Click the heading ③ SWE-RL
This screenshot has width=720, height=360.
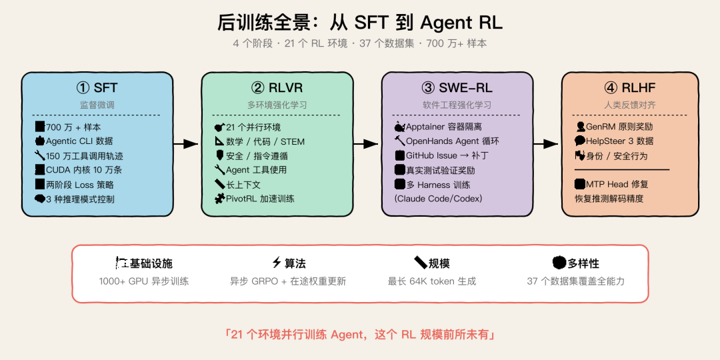click(457, 88)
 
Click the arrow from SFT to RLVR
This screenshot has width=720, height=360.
click(185, 143)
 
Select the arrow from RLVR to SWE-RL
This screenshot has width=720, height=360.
click(365, 143)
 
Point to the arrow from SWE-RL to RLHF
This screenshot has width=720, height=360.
click(545, 143)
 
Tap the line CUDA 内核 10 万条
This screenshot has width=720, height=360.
click(83, 170)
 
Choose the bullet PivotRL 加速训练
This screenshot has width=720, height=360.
click(260, 199)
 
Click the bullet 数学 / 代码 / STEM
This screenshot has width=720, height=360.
click(265, 141)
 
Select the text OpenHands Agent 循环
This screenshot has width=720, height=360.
click(452, 141)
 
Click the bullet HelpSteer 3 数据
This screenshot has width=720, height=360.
click(619, 141)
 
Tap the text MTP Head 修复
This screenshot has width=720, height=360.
click(617, 184)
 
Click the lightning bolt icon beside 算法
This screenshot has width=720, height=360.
click(277, 263)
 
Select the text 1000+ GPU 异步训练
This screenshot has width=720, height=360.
click(143, 281)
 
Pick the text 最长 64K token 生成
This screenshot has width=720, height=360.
click(432, 281)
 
